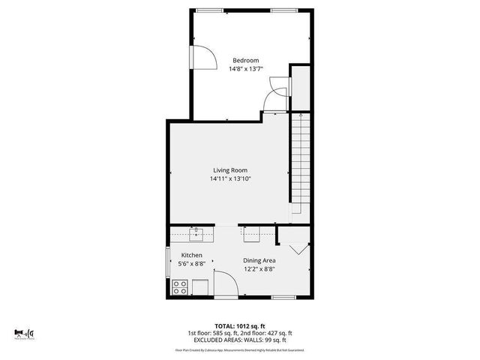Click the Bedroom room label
tap(245, 60)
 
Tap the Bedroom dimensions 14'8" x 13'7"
tap(245, 69)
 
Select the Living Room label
tap(229, 170)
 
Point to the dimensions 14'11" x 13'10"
tap(229, 179)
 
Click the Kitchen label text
tap(191, 255)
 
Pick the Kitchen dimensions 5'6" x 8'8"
tap(191, 264)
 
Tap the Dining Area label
tap(258, 260)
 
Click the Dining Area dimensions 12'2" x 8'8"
tap(258, 269)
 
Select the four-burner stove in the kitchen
tap(180, 286)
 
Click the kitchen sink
tap(196, 235)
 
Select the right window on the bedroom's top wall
tap(282, 10)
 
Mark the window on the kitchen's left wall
tap(168, 264)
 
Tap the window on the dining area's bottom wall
tap(282, 297)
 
